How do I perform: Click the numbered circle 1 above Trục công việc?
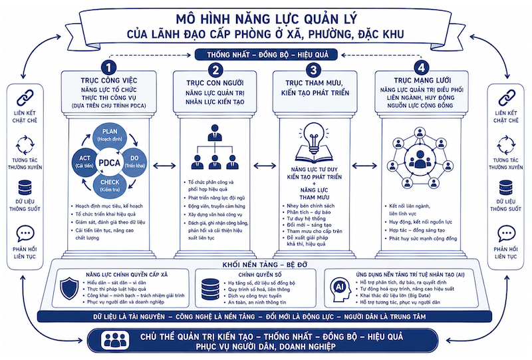coord(108,68)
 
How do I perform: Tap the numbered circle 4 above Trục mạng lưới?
coord(421,67)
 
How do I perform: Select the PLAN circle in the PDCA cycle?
coord(110,135)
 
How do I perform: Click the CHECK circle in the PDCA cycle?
coord(110,186)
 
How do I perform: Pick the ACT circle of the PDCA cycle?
coord(84,161)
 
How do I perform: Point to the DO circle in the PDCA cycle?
coord(134,161)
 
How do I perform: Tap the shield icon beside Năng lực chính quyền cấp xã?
coord(69,288)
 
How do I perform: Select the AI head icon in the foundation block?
coord(340,289)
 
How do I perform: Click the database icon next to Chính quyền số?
coord(210,289)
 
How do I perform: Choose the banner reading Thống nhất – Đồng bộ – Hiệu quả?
coord(267,55)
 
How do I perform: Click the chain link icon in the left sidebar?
coord(25,98)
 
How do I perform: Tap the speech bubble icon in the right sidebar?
coord(506,234)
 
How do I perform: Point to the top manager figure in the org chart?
coord(214,133)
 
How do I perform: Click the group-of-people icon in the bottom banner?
coord(115,340)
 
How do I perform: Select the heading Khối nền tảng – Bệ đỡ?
coord(265,265)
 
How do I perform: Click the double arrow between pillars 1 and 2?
coord(164,166)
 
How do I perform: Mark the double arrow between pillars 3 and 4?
coord(364,166)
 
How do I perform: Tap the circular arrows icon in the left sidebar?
coord(25,145)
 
